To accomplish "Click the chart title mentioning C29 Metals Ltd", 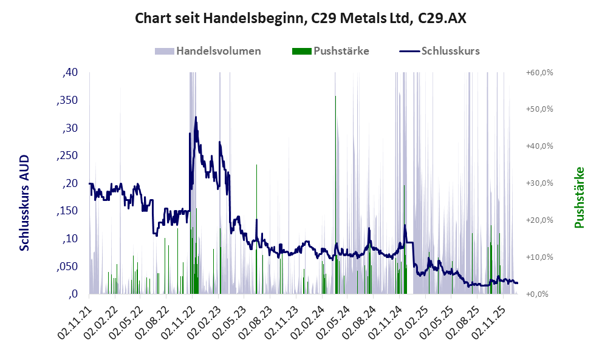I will [x=301, y=19].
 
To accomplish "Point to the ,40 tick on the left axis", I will [x=70, y=73].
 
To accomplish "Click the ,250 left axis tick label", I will [x=67, y=155].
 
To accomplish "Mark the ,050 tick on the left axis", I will [x=67, y=267].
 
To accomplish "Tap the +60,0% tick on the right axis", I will [x=539, y=73].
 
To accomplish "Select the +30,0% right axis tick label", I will [x=539, y=183].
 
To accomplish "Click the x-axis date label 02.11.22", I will [x=177, y=317].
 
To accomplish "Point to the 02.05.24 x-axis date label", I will [x=332, y=317].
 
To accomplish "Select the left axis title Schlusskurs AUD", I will [x=25, y=203].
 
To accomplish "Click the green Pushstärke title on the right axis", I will [x=578, y=198].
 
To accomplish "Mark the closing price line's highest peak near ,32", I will [x=196, y=117].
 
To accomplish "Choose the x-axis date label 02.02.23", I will [x=203, y=317].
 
